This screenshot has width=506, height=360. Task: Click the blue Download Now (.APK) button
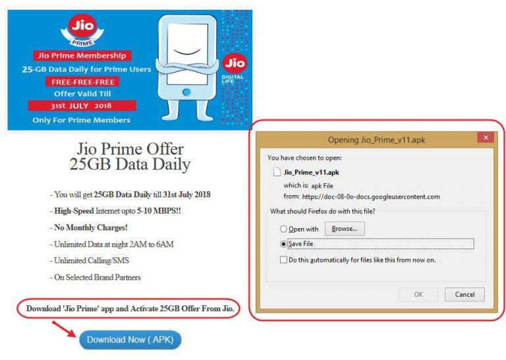coord(130,340)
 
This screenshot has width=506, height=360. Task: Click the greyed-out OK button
coord(418,295)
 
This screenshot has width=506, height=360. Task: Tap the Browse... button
coord(345,229)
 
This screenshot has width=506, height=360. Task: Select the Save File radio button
coord(283,244)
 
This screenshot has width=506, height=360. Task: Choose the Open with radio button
coord(283,229)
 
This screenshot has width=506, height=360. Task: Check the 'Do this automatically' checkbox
coord(284,260)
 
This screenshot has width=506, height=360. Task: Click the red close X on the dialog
coord(486,138)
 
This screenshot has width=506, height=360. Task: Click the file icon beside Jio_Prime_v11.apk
coord(277,172)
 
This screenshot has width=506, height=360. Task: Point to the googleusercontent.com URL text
coord(371,196)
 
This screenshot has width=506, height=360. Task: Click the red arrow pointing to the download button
coord(64,329)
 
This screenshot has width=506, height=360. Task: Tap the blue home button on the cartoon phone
coord(186,92)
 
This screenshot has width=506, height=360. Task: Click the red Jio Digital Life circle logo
coord(235,63)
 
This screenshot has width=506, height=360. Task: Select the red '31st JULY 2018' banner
coord(82,105)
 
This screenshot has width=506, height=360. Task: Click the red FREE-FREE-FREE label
coord(82,82)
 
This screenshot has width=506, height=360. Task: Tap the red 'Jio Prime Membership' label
coord(82,55)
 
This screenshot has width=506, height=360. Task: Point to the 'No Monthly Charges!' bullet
coord(89,227)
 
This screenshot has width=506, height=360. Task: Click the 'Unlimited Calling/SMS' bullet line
coord(90,260)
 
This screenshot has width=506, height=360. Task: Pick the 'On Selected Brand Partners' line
coord(95,278)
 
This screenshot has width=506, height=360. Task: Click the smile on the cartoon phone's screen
coord(188,51)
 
